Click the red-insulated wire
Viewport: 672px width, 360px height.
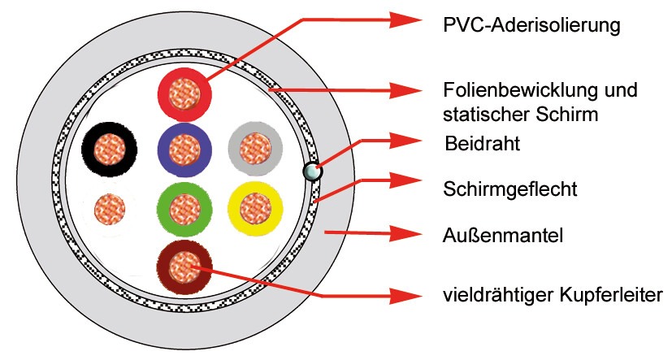pos(184,94)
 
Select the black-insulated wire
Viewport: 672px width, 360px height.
pos(109,150)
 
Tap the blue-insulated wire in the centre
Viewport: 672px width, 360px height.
pos(184,150)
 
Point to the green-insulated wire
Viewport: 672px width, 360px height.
pos(184,209)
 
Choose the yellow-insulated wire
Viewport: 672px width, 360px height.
pos(255,209)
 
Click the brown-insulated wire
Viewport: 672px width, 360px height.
pos(184,267)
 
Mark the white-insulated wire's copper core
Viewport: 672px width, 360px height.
pos(110,209)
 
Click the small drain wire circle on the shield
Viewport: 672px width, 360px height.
pos(312,171)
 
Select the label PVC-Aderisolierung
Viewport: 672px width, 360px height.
pos(531,25)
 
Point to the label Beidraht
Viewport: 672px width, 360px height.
pos(482,143)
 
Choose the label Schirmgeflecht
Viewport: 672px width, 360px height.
pos(510,189)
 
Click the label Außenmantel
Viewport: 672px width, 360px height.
pos(503,236)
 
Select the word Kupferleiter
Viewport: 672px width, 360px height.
pos(610,295)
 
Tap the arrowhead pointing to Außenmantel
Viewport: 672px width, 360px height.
pos(405,233)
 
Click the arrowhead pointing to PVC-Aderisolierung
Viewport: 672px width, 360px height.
pos(405,20)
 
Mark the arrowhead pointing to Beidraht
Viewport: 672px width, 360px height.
pos(405,141)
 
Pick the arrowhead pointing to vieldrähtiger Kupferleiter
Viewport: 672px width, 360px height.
pos(405,296)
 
